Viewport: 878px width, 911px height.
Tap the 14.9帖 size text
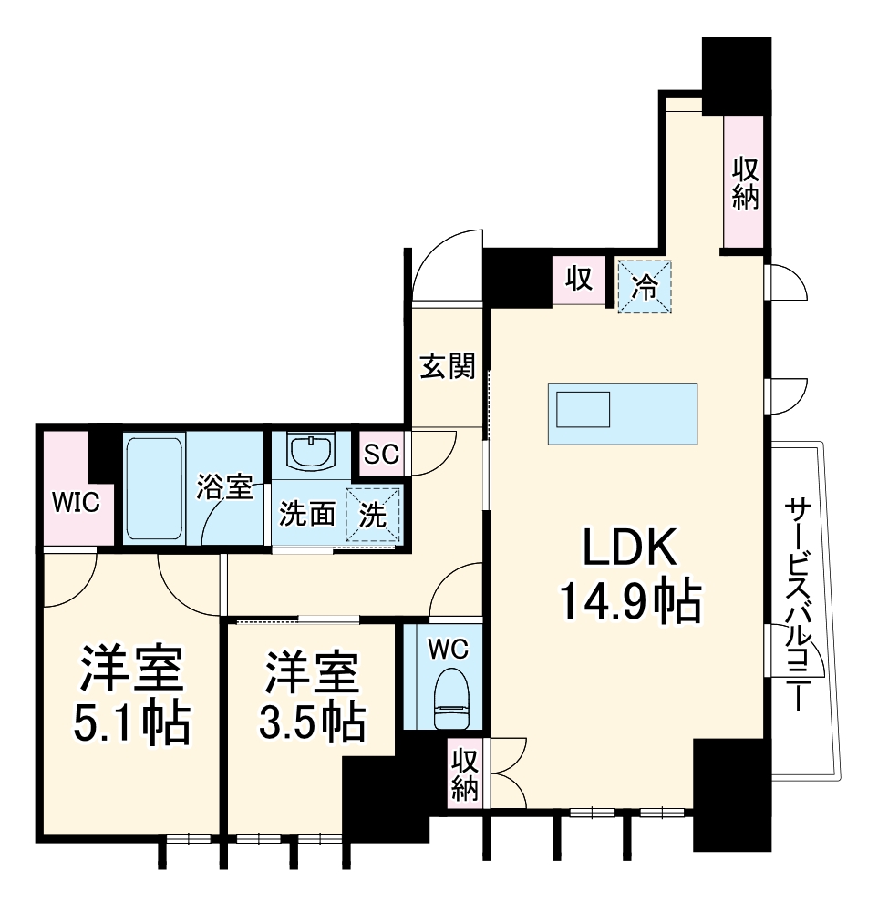(x=629, y=601)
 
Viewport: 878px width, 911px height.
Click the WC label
(x=448, y=649)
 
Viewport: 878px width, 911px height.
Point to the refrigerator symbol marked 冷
(x=645, y=286)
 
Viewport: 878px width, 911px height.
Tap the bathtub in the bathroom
(x=154, y=489)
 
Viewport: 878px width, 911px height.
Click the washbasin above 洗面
(x=313, y=451)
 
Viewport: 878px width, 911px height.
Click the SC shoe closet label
(x=381, y=454)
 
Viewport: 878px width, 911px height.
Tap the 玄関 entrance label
(x=448, y=367)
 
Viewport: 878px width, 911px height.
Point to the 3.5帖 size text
(x=313, y=723)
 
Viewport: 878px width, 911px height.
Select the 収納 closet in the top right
(x=745, y=182)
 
